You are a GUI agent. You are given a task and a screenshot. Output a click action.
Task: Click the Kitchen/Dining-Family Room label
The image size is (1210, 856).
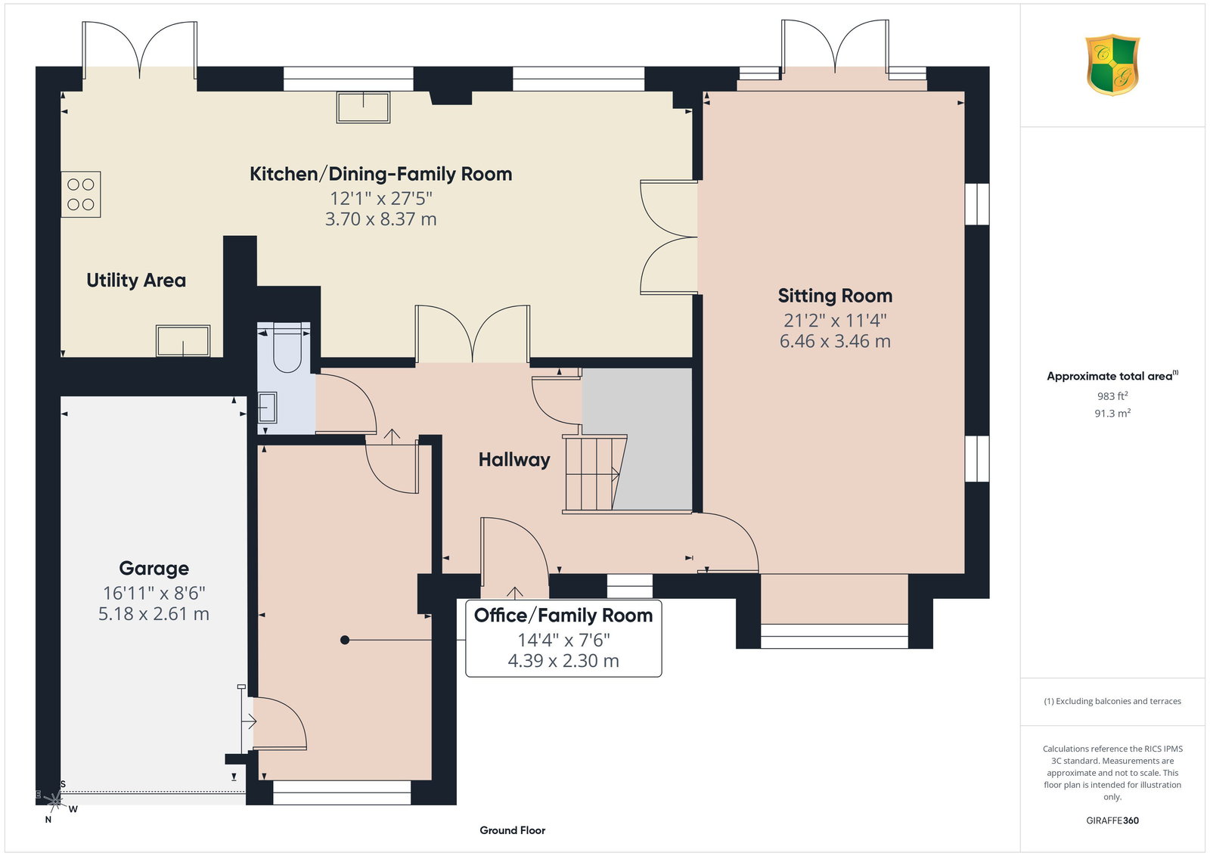click(381, 174)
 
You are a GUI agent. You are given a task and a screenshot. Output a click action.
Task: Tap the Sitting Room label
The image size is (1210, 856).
click(835, 296)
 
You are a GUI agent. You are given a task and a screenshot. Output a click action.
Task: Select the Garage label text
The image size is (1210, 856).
click(154, 568)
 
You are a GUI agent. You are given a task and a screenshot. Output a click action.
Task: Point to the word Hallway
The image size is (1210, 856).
click(514, 460)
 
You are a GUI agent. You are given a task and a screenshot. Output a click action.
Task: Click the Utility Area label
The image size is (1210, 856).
click(136, 281)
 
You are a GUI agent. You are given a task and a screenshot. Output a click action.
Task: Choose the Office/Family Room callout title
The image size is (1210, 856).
click(563, 615)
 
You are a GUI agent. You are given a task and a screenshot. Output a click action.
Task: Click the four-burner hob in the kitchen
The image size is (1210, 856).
click(81, 194)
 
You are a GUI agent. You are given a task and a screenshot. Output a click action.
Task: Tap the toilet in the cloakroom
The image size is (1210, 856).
click(287, 349)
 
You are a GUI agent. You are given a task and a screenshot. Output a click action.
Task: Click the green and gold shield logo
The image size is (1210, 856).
click(1112, 65)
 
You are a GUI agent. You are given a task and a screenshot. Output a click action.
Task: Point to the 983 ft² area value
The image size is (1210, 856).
click(1112, 396)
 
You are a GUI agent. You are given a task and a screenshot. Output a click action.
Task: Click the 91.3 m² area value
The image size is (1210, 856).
click(1112, 413)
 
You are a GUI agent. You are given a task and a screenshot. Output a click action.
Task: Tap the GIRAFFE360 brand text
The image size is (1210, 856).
click(1112, 820)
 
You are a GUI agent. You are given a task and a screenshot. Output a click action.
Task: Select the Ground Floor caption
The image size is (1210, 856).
click(513, 830)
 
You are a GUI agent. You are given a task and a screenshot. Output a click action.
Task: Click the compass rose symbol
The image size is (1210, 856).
click(54, 801)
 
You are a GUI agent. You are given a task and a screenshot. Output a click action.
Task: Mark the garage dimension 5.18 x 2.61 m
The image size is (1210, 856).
click(154, 614)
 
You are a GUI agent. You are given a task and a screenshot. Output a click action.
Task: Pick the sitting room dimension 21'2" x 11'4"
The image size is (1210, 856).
click(835, 321)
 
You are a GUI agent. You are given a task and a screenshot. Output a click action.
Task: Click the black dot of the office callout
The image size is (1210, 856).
click(345, 640)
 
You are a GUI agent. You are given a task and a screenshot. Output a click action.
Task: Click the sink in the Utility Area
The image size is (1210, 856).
click(183, 341)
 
